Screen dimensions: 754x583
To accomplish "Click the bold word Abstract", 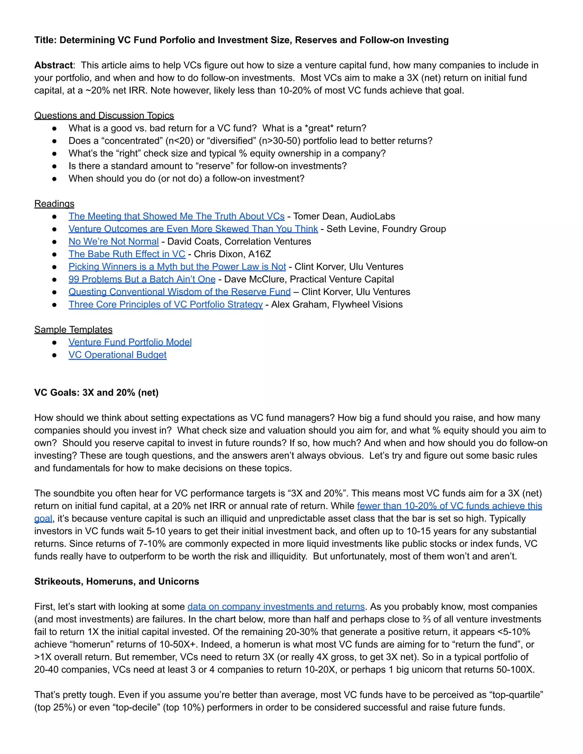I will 53,65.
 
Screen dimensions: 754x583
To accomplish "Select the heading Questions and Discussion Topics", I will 104,115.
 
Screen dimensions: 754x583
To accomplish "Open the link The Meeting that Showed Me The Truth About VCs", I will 176,216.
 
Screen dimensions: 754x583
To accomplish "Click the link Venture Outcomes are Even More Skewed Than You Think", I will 193,229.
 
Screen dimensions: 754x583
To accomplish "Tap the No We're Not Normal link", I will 113,241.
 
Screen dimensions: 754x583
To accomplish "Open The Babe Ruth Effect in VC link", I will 127,254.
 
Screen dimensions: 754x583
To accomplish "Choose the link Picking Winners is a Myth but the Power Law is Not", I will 177,267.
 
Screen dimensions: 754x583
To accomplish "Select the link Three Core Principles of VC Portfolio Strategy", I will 165,304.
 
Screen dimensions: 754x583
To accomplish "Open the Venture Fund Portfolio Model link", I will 130,342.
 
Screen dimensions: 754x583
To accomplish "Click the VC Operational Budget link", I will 118,355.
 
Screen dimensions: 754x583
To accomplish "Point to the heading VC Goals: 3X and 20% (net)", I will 97,393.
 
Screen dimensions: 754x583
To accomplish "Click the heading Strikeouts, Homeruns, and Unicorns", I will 116,581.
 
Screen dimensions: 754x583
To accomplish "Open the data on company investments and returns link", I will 276,607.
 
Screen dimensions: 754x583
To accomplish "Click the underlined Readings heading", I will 54,204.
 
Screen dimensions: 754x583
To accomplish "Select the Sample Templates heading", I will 73,330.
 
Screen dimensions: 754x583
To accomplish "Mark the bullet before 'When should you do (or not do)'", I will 54,179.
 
